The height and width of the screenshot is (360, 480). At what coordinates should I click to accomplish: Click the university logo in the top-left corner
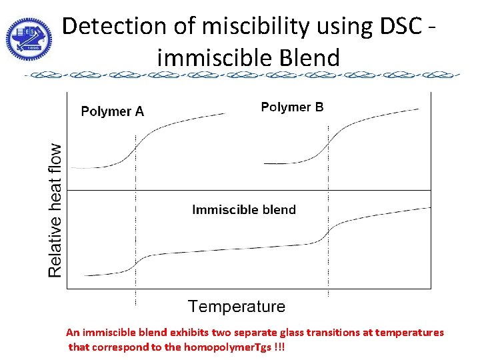pos(28,36)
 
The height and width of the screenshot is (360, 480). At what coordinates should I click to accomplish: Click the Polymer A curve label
pos(112,111)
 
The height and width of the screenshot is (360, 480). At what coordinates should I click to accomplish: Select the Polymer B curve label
pos(292,107)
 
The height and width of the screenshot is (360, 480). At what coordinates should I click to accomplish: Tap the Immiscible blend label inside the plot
pos(244,210)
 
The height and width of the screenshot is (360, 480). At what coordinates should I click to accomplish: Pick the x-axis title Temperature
pos(237,307)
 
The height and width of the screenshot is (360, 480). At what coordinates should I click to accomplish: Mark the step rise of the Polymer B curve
pos(328,141)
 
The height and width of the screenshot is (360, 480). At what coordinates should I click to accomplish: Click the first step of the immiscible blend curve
pos(137,263)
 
